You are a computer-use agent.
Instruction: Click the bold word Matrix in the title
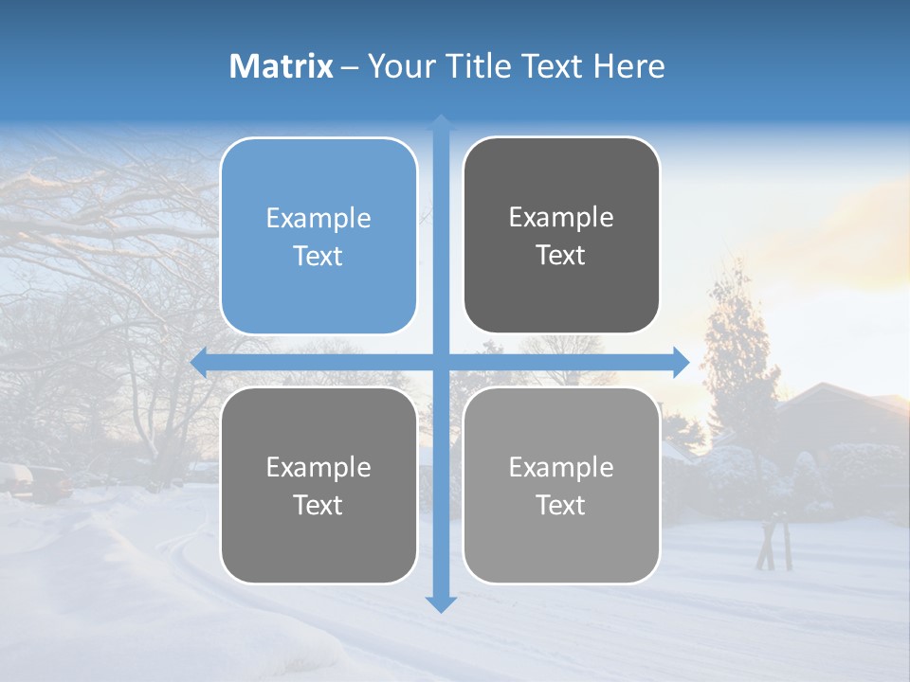tap(282, 66)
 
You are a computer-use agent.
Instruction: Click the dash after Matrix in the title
tap(350, 67)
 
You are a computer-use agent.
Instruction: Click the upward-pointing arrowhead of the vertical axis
tap(441, 122)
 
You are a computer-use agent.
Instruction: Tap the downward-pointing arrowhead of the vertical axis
tap(441, 603)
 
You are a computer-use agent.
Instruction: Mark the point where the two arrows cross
tap(441, 363)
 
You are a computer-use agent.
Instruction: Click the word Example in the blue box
tap(318, 218)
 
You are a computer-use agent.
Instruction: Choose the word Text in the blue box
tap(318, 256)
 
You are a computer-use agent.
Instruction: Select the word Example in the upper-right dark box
tap(561, 217)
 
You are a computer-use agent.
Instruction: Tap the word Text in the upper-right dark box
tap(561, 255)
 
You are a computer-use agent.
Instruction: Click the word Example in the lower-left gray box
tap(318, 467)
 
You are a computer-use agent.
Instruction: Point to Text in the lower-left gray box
tap(318, 505)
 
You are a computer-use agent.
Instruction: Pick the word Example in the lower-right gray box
tap(561, 467)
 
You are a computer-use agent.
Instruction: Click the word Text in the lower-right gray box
tap(561, 505)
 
